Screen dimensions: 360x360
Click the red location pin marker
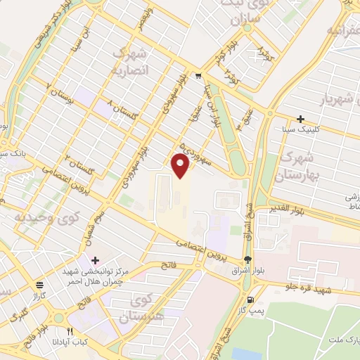point(181,166)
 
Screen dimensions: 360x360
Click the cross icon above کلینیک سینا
point(300,119)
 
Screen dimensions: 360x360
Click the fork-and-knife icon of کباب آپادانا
point(69,331)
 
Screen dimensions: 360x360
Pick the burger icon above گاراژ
point(41,285)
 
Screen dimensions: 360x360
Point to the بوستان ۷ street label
point(59,94)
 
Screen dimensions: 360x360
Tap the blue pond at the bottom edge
point(245,354)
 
